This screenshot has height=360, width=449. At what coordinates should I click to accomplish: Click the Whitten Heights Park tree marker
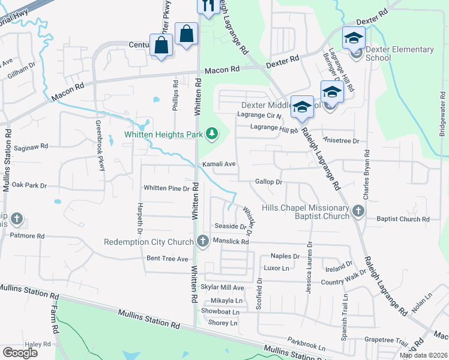point(211,133)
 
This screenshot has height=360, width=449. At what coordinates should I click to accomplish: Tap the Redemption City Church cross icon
point(202,241)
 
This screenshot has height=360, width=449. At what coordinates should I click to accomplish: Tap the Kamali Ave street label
point(218,164)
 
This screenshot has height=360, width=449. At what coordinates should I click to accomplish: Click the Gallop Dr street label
point(268,181)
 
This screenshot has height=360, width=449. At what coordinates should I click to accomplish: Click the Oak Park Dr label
point(29,185)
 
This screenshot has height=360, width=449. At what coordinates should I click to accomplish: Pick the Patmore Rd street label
point(28,236)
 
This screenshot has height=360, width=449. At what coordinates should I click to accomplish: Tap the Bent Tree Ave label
point(167,259)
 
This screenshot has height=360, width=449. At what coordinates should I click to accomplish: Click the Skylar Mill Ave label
point(222,288)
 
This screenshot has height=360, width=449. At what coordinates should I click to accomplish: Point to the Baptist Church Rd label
point(402,219)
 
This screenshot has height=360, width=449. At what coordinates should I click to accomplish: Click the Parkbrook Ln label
point(306,347)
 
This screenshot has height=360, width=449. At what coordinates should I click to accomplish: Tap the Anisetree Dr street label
point(340,141)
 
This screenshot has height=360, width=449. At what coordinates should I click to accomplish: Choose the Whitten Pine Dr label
point(166,188)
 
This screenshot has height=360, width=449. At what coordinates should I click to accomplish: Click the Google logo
point(20,353)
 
